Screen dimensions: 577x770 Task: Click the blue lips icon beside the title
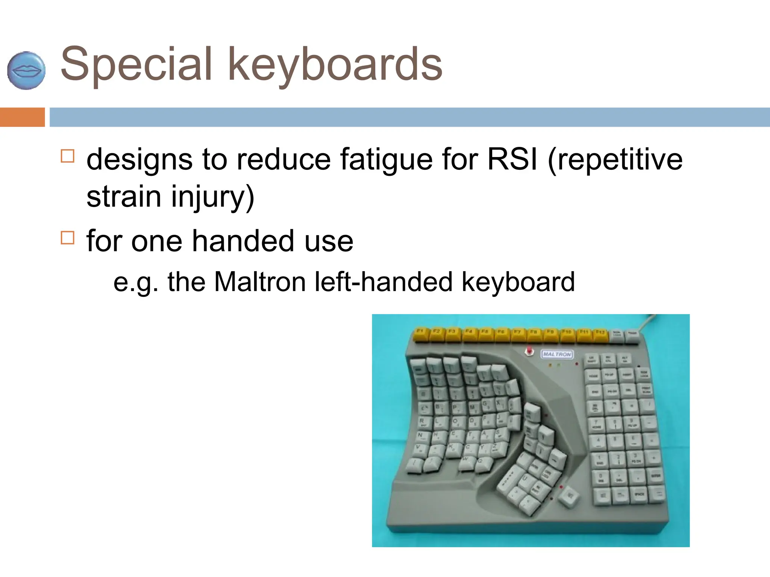[x=26, y=70]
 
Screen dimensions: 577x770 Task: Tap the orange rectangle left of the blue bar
[x=22, y=117]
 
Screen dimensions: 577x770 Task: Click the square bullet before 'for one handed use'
[x=68, y=237]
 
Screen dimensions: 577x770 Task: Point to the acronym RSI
[x=512, y=159]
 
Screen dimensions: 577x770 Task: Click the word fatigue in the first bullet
[x=386, y=159]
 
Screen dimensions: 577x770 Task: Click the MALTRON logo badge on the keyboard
[x=557, y=354]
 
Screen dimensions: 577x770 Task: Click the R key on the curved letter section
[x=423, y=422]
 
